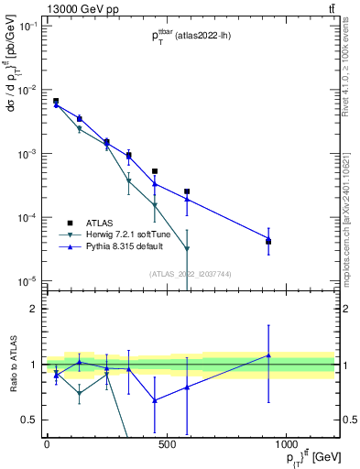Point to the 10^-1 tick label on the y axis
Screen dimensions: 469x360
28,27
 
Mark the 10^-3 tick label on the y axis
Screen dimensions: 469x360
28,154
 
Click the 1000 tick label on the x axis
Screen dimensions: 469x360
287,445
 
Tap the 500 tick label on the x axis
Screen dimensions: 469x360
167,445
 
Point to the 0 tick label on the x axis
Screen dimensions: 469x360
47,445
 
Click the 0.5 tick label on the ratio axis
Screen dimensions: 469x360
32,420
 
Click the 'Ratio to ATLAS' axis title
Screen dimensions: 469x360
12,365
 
